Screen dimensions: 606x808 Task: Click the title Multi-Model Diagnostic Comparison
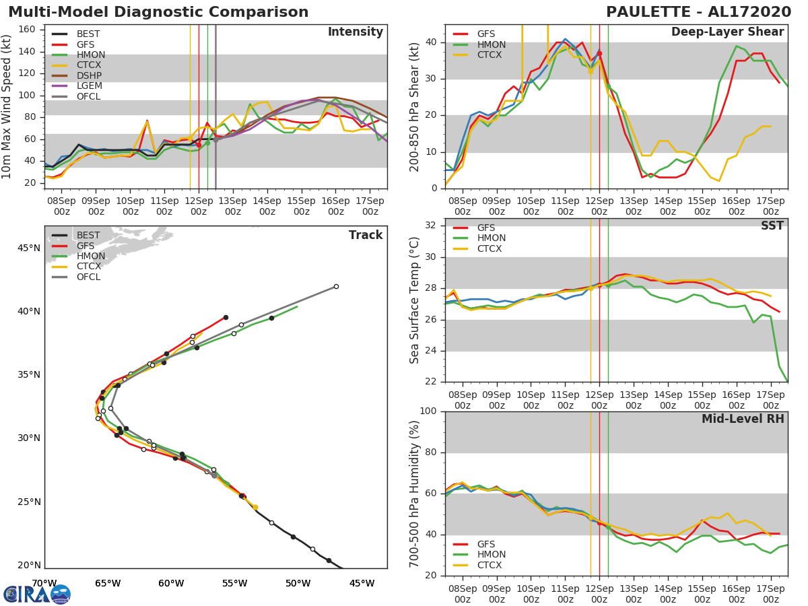click(158, 12)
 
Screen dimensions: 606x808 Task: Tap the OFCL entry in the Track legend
click(88, 277)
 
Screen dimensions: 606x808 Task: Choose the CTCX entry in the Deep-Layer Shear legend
click(488, 55)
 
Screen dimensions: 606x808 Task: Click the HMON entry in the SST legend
click(491, 238)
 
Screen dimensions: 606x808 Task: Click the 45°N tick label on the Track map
click(29, 248)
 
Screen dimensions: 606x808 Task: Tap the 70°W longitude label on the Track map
click(44, 583)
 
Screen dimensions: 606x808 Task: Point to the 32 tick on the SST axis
click(432, 225)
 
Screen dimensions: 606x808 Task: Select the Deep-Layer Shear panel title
click(727, 32)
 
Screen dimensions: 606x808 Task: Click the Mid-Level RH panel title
click(742, 419)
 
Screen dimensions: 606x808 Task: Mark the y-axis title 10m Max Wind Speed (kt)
click(8, 106)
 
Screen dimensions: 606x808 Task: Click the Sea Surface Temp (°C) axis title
click(415, 300)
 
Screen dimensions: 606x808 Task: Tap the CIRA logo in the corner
click(37, 594)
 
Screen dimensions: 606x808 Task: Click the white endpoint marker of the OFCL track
click(336, 286)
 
